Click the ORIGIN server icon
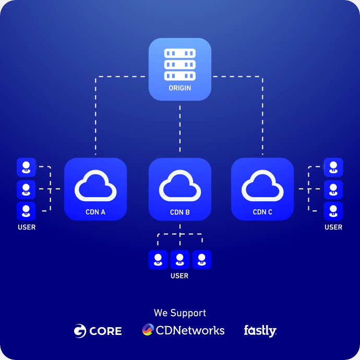(x=179, y=65)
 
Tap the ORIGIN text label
(x=179, y=88)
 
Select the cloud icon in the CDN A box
(x=95, y=185)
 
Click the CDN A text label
(x=95, y=212)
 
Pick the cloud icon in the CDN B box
(x=179, y=185)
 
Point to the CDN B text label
(x=179, y=212)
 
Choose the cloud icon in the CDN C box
(x=262, y=185)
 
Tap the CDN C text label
(x=262, y=212)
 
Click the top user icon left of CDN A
(x=26, y=167)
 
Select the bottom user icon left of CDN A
(x=26, y=211)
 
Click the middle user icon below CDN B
(x=179, y=259)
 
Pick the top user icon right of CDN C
(x=333, y=167)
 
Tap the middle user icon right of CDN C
(x=333, y=189)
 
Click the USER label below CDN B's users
(x=179, y=275)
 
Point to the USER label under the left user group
(x=27, y=227)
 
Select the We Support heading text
(x=179, y=313)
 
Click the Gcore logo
(x=98, y=331)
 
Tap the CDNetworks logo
(x=183, y=330)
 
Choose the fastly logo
(x=260, y=330)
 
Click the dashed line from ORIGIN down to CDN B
(x=179, y=130)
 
